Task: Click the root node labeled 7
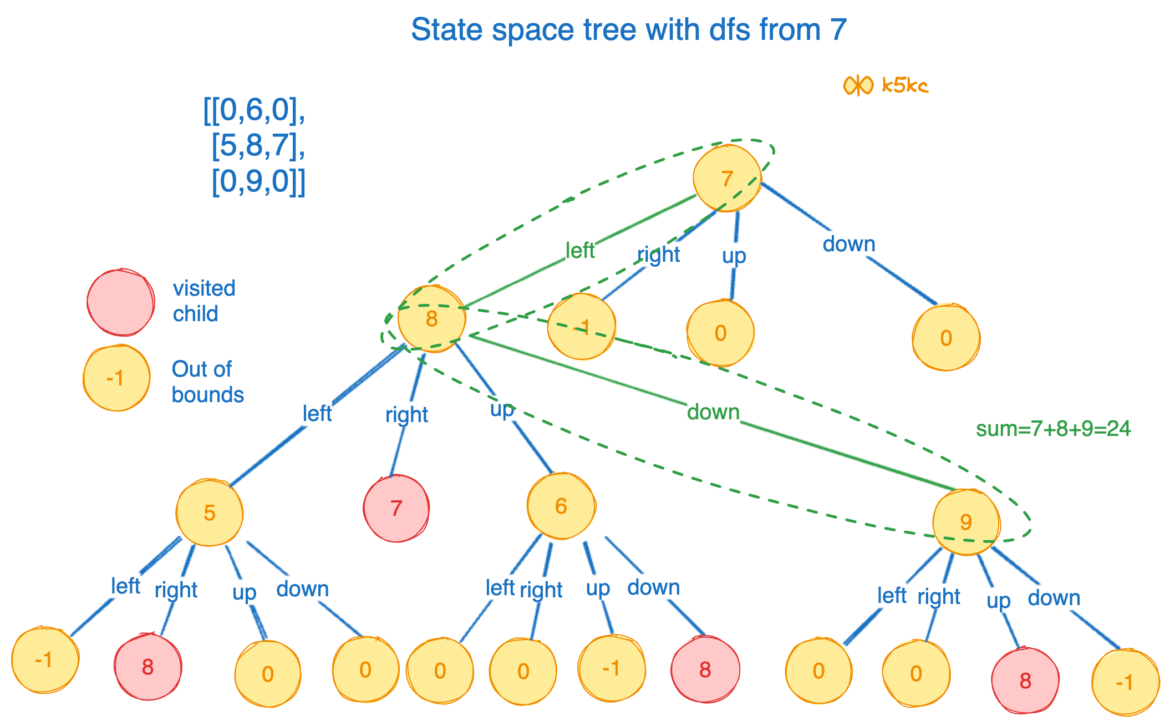726,179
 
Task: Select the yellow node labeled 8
431,319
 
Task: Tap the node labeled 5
210,513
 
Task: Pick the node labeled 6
561,506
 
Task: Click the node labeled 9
966,522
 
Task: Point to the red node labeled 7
396,508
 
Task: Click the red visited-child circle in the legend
121,302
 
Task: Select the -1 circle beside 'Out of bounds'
116,378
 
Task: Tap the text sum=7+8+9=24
1053,429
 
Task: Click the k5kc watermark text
905,85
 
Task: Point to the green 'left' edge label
579,251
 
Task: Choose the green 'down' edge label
713,412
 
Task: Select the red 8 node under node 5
147,667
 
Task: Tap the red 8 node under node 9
1025,681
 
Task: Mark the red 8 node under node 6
705,670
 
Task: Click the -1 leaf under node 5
44,660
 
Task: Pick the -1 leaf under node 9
1125,682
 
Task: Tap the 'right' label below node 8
406,414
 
